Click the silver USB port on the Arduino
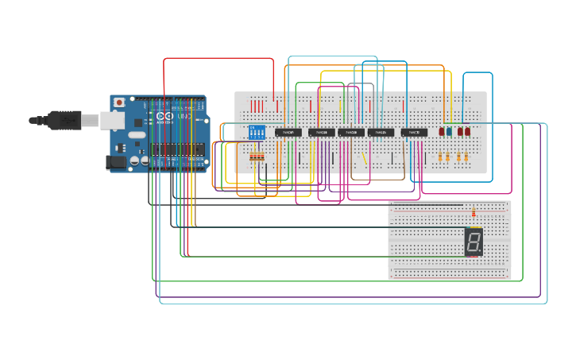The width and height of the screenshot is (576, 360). pos(110,120)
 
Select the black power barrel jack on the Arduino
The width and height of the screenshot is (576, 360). pos(115,161)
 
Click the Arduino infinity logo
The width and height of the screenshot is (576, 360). pos(164,116)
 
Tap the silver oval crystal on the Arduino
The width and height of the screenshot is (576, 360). pos(136,160)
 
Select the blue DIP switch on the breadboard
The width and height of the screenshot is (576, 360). pos(256,134)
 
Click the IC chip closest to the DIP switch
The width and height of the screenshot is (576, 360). pos(288,132)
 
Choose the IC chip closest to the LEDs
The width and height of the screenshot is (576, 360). pos(414,132)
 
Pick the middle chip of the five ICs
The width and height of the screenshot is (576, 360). pos(351,132)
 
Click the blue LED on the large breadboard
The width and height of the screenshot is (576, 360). pos(450,132)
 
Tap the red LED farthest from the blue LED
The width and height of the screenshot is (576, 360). pos(468,132)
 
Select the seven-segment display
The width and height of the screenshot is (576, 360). pos(474,242)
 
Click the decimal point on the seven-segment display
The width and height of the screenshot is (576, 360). pos(480,252)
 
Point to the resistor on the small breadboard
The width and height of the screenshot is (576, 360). pos(474,212)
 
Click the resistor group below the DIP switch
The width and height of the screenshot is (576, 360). pos(257,158)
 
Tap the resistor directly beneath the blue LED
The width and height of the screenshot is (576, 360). pos(450,157)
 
